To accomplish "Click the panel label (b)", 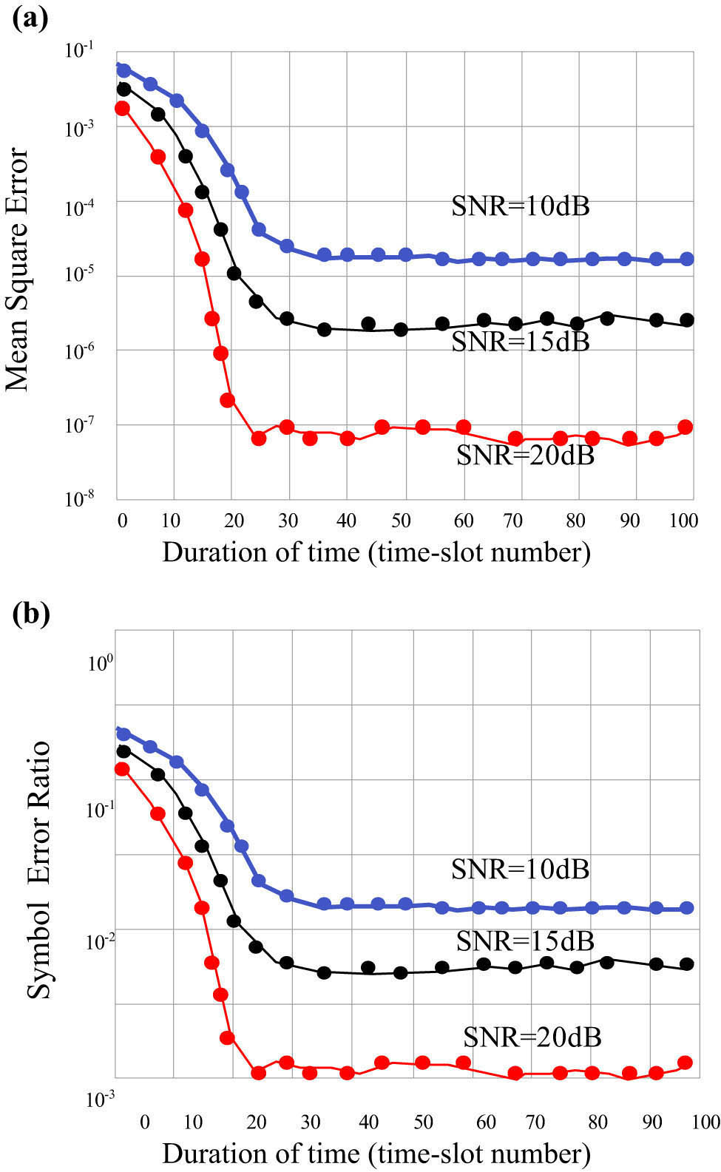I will pyautogui.click(x=30, y=614).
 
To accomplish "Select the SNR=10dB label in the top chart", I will pyautogui.click(x=521, y=206).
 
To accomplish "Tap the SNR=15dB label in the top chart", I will pyautogui.click(x=521, y=342).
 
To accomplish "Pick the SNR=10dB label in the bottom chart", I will pyautogui.click(x=521, y=869).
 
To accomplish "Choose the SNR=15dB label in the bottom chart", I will pyautogui.click(x=525, y=941).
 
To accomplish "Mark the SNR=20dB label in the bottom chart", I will pyautogui.click(x=532, y=1037).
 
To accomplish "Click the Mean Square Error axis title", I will pyautogui.click(x=18, y=270).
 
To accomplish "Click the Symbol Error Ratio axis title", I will pyautogui.click(x=38, y=870).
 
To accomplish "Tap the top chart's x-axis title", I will pyautogui.click(x=376, y=552).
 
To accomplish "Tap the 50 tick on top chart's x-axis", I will pyautogui.click(x=401, y=521).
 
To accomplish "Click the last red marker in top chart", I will pyautogui.click(x=685, y=427).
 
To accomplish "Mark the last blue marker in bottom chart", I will pyautogui.click(x=686, y=908).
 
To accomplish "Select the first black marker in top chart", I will pyautogui.click(x=123, y=89).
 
